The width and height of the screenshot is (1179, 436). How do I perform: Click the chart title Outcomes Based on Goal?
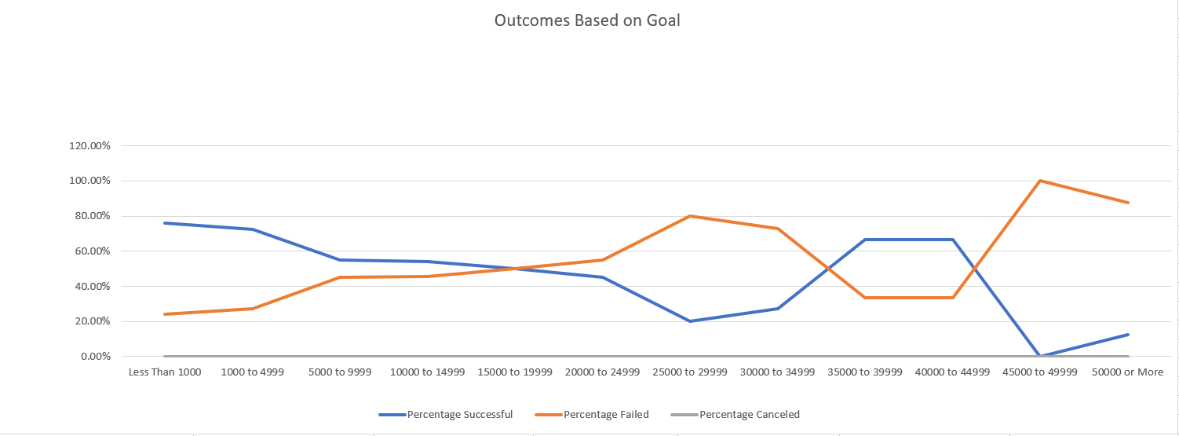click(x=587, y=21)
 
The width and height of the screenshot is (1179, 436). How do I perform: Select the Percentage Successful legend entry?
click(x=459, y=414)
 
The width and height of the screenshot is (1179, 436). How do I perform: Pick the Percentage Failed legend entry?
click(x=606, y=414)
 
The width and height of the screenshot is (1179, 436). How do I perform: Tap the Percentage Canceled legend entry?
click(x=749, y=414)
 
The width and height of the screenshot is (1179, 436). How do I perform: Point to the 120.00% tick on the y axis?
click(x=89, y=146)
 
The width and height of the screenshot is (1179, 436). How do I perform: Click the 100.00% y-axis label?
click(x=89, y=181)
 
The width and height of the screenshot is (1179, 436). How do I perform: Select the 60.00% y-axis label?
click(x=92, y=251)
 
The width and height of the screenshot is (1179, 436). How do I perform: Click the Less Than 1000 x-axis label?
click(x=165, y=372)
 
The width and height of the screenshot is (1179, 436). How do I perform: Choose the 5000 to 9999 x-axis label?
click(x=339, y=372)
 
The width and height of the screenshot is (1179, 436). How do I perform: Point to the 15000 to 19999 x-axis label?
click(x=515, y=372)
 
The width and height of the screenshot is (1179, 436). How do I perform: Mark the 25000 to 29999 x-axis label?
click(x=690, y=372)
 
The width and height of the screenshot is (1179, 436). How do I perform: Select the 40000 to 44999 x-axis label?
click(x=952, y=372)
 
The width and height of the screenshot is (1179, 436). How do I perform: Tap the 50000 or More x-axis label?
click(x=1127, y=372)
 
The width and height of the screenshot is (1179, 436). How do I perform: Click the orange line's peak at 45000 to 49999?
click(x=1040, y=181)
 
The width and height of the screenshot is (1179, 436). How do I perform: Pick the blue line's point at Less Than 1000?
click(x=165, y=223)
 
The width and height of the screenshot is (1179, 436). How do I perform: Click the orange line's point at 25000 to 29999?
click(x=690, y=216)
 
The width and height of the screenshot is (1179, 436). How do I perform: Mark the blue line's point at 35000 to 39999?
click(x=865, y=240)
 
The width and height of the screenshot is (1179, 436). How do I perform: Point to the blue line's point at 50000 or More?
click(x=1128, y=335)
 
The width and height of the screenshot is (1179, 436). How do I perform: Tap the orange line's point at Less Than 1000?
click(x=165, y=314)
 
